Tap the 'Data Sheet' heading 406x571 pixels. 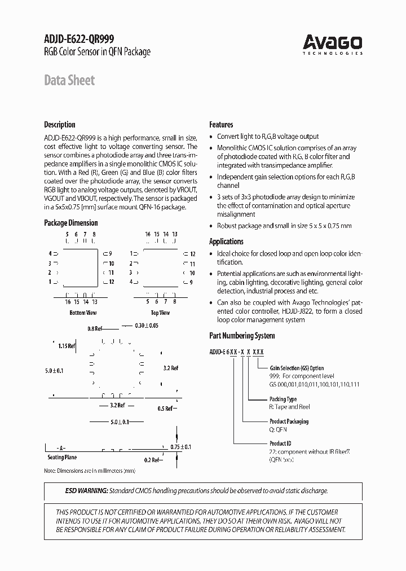(69, 80)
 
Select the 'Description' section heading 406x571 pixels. (59, 125)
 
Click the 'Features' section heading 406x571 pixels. (221, 125)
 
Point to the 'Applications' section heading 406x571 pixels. (226, 241)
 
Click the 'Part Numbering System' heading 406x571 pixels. (242, 336)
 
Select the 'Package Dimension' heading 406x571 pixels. (71, 223)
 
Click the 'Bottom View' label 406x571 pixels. (83, 313)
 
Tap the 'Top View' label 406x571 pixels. (160, 313)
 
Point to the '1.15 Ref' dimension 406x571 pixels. (67, 346)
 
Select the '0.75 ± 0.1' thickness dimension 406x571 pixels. (181, 446)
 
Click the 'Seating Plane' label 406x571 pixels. (62, 458)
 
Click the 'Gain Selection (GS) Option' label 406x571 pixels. (297, 368)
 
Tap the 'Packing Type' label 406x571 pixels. (283, 399)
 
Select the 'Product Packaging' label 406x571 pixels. (289, 421)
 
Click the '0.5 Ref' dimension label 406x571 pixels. (165, 408)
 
